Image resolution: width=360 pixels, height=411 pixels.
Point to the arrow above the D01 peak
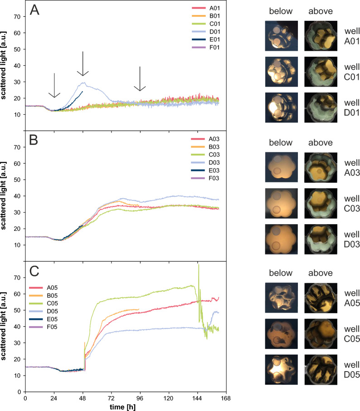click(83, 64)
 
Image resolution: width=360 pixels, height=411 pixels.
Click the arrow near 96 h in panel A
click(140, 79)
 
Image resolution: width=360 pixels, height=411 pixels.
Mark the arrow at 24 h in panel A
click(54, 85)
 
